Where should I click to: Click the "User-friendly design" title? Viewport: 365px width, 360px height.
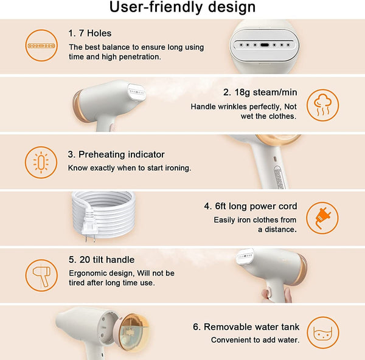pos(182,7)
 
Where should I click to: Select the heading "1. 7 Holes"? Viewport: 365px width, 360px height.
pos(90,33)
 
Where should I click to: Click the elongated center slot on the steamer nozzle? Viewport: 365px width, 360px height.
pos(265,45)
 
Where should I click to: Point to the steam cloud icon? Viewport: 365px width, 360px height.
pos(322,105)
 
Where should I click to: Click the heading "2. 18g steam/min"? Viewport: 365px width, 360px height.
pos(260,92)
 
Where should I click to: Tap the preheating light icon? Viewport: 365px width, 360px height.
pos(41,162)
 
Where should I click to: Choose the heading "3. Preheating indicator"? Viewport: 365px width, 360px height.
pos(116,154)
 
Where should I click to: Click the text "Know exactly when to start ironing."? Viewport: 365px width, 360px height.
pos(130,168)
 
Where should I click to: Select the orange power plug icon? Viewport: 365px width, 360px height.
pos(322,218)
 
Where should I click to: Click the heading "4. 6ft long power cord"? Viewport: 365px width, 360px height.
pos(251,206)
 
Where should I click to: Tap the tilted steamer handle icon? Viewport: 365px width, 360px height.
pos(41,275)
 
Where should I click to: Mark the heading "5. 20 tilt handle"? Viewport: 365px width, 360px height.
pos(102,260)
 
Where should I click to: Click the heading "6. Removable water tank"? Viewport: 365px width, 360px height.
pos(246,327)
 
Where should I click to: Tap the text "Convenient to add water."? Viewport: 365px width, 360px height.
pos(255,340)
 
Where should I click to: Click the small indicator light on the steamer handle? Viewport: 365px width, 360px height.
pos(275,159)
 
